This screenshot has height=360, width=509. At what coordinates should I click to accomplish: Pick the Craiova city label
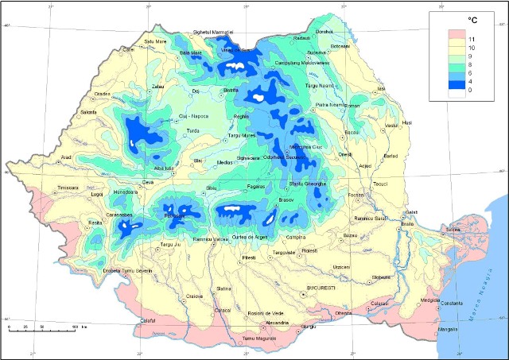point(195,296)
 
